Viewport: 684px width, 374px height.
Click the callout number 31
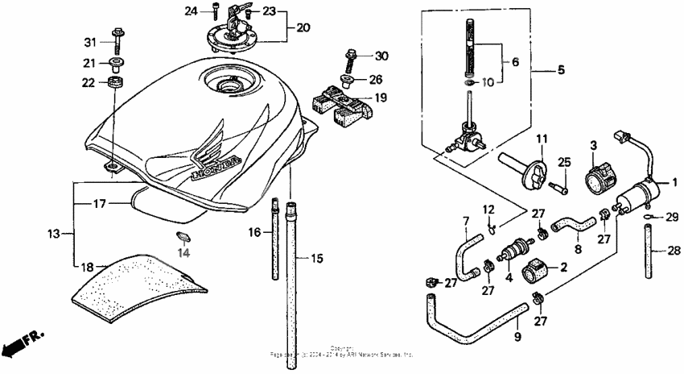point(89,42)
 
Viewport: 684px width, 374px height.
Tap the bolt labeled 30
point(351,60)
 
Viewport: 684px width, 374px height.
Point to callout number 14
point(183,252)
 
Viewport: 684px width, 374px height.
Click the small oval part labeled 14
point(184,236)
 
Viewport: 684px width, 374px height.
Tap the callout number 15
point(316,259)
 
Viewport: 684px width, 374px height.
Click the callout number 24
point(191,10)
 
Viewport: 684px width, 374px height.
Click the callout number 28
point(674,250)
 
